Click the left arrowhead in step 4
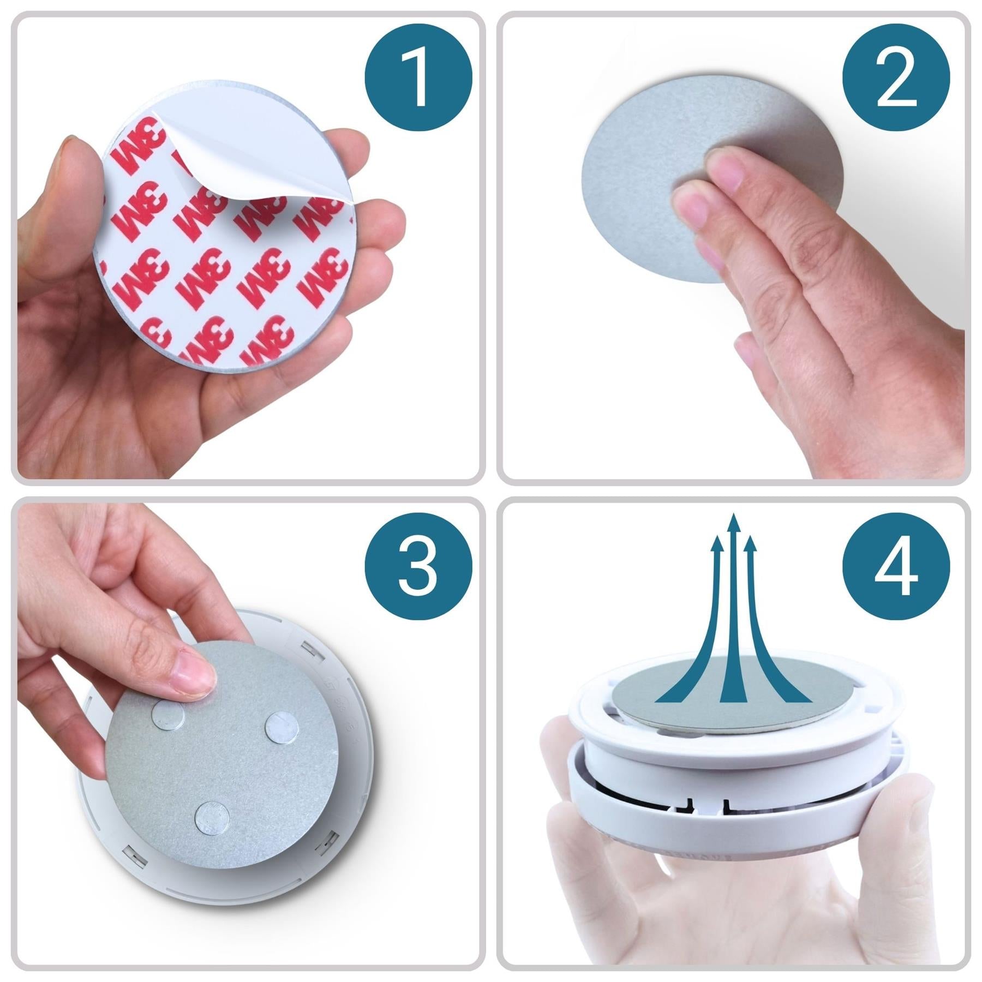(717, 543)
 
